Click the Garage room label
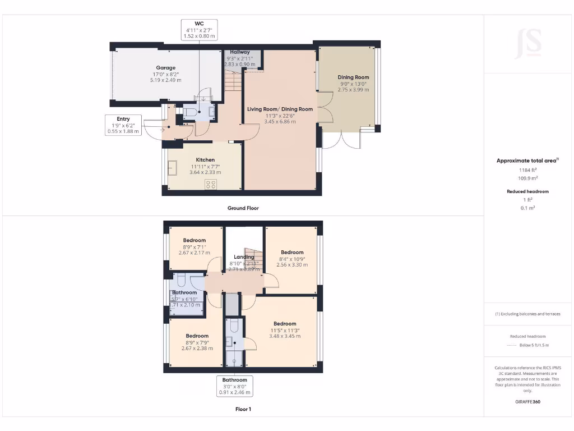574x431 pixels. coord(165,68)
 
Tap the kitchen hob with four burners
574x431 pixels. coord(211,184)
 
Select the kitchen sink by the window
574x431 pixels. coord(172,168)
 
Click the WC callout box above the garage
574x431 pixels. coord(198,30)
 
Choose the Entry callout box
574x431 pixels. coord(123,125)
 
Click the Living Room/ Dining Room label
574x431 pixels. coord(280,109)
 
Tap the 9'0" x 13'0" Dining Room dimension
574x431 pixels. coord(353,84)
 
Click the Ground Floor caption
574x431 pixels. coord(243,208)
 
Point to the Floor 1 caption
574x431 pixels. coord(243,409)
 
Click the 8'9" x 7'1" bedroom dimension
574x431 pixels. coord(193,246)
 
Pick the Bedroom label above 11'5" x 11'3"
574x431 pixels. coord(285,323)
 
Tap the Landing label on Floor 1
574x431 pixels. coord(244,257)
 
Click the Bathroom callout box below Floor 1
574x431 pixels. coord(234,387)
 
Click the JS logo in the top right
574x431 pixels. coord(529,44)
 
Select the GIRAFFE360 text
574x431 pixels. coord(528,402)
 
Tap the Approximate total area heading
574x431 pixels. coord(527,161)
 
